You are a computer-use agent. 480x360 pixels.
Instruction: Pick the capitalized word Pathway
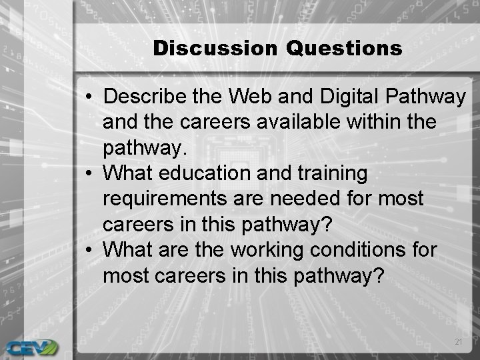pos(427,97)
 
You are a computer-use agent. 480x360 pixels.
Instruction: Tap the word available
pos(299,122)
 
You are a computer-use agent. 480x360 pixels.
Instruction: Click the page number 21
pos(457,341)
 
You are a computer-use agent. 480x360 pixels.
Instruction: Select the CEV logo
pos(31,347)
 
